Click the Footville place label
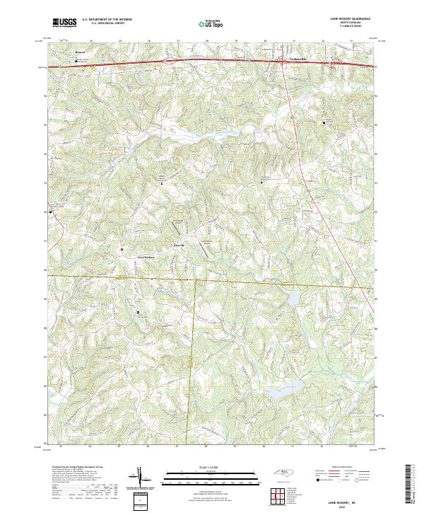point(179,245)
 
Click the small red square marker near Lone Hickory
point(122,249)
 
